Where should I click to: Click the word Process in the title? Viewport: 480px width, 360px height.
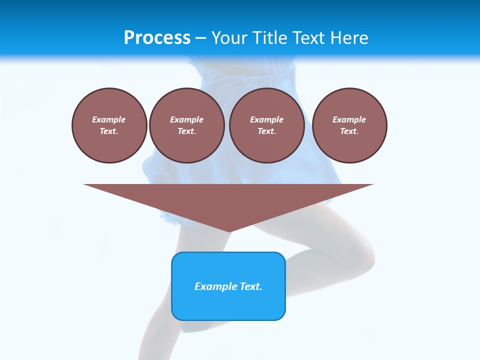coord(157,38)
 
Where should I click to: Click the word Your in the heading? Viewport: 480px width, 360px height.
coord(229,38)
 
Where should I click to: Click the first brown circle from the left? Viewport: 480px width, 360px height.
coord(109,125)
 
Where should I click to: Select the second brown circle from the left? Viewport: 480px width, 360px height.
coord(187,125)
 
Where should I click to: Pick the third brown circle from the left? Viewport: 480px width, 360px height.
coord(267,125)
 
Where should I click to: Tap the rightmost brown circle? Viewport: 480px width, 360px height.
coord(349,125)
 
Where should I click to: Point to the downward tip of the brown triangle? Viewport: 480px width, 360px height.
coord(229,231)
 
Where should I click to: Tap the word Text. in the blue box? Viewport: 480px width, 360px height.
coord(250,286)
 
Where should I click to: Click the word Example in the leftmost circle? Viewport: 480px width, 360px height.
coord(109,119)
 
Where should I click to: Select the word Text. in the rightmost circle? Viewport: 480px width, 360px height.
coord(349,131)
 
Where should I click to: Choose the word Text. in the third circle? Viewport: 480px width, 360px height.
coord(267,131)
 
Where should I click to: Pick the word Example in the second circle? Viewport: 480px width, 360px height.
coord(187,119)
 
